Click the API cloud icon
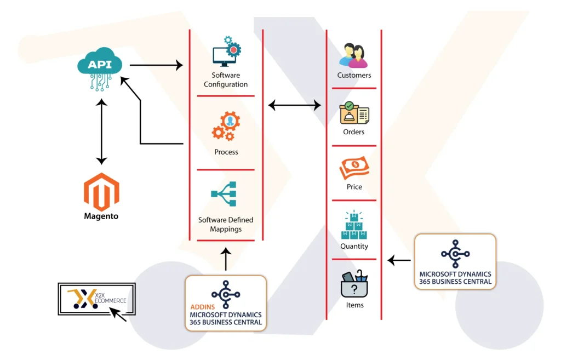[x=100, y=68]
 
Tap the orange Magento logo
[x=101, y=192]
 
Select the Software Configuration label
[x=226, y=80]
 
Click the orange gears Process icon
[x=226, y=125]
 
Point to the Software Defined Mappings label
[x=226, y=224]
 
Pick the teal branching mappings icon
[x=224, y=194]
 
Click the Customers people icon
[x=353, y=55]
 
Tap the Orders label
[x=353, y=132]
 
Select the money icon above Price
[x=354, y=168]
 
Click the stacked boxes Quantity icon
[x=354, y=225]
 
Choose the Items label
[x=354, y=305]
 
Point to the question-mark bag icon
[x=354, y=284]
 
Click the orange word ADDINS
[x=203, y=307]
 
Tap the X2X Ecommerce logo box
[x=96, y=299]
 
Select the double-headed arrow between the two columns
[x=294, y=105]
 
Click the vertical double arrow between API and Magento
[x=101, y=132]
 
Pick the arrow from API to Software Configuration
[x=156, y=65]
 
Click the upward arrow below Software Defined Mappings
[x=226, y=259]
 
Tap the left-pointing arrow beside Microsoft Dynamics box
[x=399, y=260]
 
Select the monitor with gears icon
[x=226, y=51]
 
